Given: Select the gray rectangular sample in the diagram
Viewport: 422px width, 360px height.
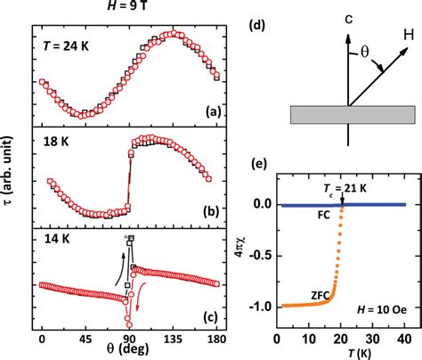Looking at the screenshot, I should pos(353,115).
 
